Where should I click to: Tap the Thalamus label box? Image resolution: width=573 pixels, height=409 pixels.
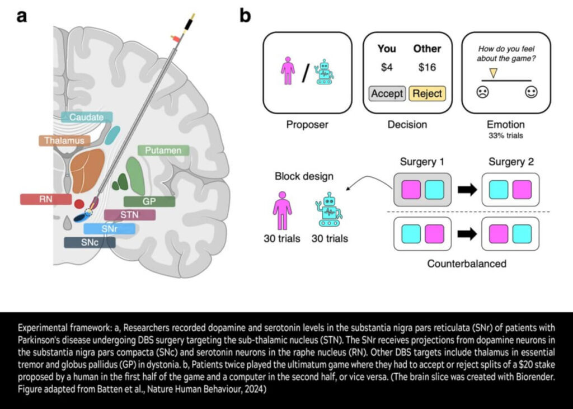(65, 141)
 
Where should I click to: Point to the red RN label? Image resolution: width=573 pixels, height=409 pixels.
(45, 199)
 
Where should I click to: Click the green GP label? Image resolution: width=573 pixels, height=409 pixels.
(149, 201)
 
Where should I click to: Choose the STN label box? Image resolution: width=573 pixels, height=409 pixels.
(129, 215)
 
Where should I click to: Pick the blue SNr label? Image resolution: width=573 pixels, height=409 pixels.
(109, 228)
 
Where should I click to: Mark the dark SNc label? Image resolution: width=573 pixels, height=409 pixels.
(90, 242)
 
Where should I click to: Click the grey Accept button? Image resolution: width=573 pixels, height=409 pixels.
(387, 93)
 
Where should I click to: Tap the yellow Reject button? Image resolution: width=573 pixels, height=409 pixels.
(427, 93)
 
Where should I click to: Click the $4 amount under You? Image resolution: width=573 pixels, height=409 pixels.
(387, 68)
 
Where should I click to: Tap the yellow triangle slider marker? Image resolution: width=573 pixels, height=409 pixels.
(493, 73)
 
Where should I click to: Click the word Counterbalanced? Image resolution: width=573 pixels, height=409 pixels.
(466, 263)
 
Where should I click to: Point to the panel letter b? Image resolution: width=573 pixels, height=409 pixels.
(245, 16)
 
